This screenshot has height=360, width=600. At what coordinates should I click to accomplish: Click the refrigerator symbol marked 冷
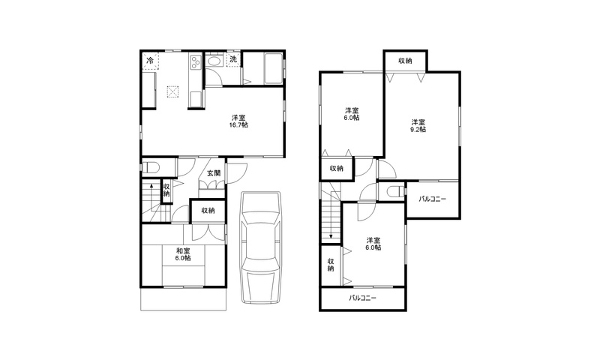151,61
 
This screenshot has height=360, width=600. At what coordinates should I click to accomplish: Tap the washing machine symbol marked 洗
232,60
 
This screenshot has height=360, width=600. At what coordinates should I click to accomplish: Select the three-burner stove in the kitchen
195,61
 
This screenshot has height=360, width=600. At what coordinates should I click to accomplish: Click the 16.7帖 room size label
238,124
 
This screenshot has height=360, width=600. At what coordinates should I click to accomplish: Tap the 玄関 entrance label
214,173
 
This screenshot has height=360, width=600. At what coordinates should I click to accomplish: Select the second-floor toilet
395,190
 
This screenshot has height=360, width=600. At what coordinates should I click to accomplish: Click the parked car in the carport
261,247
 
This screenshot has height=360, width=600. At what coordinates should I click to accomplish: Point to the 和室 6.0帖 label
183,255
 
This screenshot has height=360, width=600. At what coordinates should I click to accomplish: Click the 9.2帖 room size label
418,129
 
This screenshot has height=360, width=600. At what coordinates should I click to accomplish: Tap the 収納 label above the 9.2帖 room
405,61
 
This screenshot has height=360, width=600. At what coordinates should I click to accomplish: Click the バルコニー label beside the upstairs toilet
432,199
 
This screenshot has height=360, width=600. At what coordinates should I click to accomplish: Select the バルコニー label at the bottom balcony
362,298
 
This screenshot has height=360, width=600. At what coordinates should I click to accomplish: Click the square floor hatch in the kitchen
172,91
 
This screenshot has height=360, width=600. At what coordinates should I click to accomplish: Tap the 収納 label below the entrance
208,211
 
